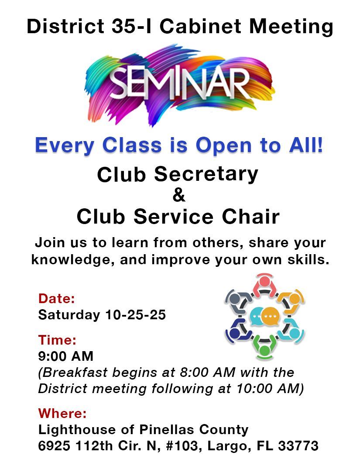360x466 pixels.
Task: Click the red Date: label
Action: point(56,298)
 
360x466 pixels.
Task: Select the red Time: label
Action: point(57,340)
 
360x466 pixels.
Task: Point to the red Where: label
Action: point(62,413)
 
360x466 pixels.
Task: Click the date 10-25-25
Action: point(135,315)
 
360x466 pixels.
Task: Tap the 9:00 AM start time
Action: point(65,356)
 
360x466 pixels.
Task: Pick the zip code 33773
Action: point(298,446)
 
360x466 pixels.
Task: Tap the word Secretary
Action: point(206,174)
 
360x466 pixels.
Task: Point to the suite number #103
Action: point(182,446)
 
